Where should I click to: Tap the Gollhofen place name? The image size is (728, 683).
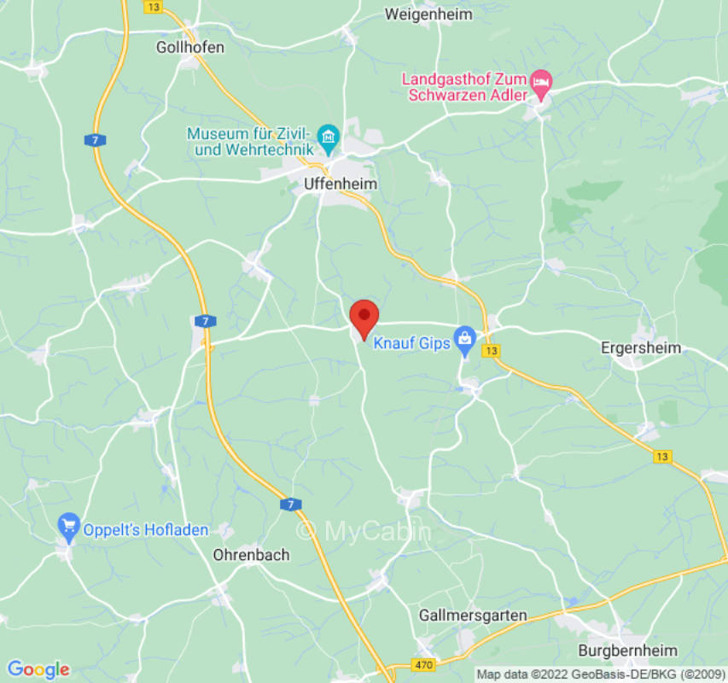pos(190,47)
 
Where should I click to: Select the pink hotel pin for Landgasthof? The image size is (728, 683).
pos(540,84)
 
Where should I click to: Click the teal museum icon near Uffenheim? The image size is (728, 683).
pos(328,136)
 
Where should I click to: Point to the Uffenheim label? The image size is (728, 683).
pos(340,184)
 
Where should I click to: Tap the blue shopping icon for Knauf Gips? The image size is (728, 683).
pos(464,337)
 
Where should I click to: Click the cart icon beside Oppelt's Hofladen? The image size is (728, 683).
pos(68,523)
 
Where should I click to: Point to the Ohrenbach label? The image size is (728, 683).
pos(251,555)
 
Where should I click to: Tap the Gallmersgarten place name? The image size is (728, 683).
pos(473,615)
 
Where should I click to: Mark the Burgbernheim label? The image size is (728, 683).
pos(633,650)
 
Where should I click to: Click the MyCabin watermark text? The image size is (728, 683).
pos(364,531)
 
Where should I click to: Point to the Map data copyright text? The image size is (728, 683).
pos(598,674)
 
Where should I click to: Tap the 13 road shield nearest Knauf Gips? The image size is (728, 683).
pos(491,350)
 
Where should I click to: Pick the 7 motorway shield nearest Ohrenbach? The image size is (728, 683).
pos(290,505)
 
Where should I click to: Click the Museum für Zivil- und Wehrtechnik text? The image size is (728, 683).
pos(251,142)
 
